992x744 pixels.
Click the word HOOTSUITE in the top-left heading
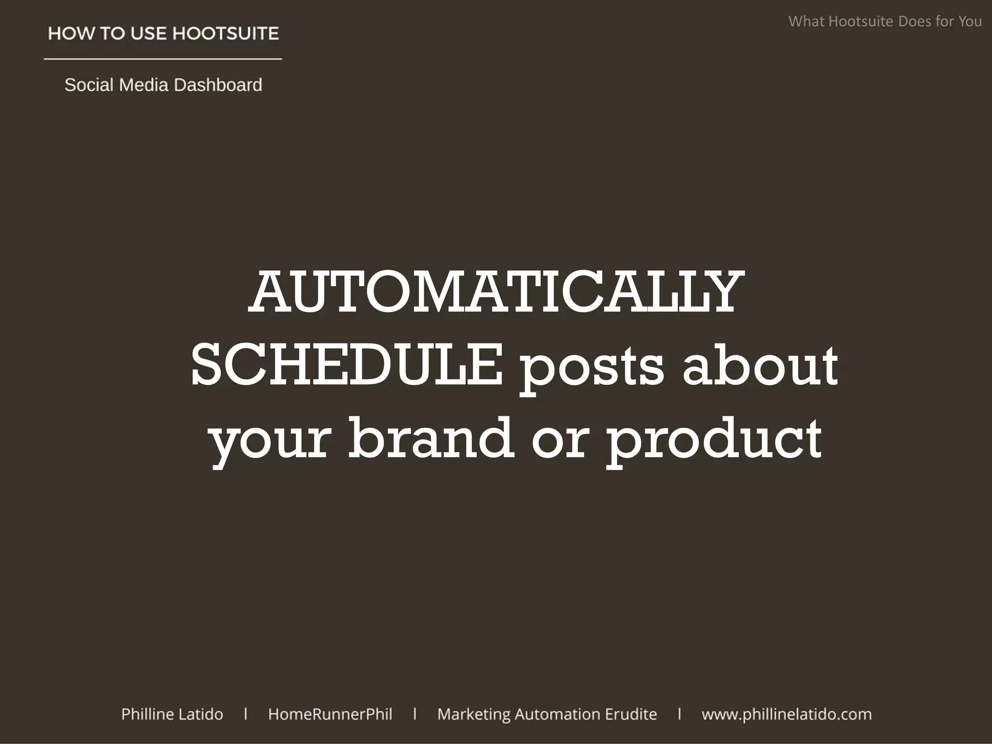click(x=226, y=33)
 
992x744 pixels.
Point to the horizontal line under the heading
click(x=163, y=59)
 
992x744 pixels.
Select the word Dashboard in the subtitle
click(x=217, y=85)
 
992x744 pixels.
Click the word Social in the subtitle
click(x=89, y=85)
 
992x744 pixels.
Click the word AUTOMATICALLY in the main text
click(x=496, y=293)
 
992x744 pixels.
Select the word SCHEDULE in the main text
click(x=347, y=365)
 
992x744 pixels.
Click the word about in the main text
click(x=760, y=365)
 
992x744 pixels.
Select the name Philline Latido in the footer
click(x=172, y=714)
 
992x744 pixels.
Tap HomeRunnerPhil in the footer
click(x=330, y=714)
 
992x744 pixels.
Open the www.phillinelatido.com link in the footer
click(x=787, y=714)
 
